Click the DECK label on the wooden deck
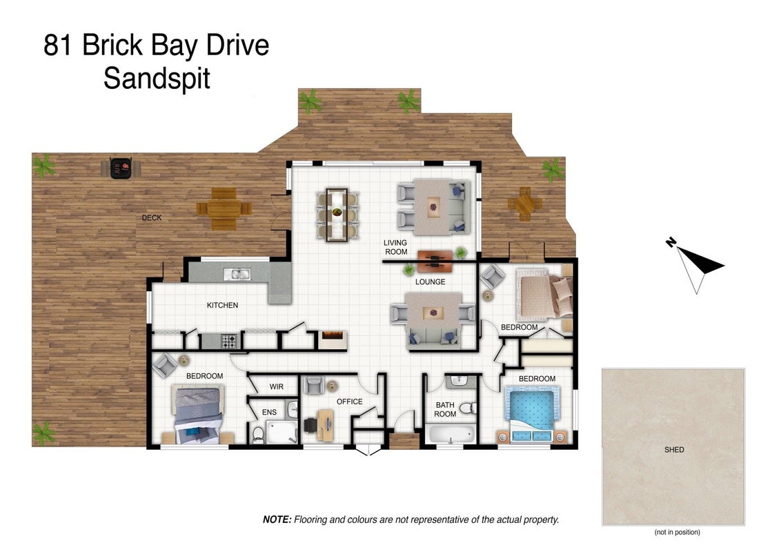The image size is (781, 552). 151,218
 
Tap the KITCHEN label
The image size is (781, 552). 222,305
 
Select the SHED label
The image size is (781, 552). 674,449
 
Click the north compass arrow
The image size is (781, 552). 694,264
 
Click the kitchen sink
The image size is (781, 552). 237,273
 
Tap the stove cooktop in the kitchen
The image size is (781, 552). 229,342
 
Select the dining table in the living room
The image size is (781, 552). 337,214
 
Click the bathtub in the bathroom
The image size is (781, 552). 450,433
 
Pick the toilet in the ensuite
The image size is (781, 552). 257,435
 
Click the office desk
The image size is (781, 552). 325,425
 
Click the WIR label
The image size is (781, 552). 277,386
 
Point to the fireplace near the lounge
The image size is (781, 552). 333,339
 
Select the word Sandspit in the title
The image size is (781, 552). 157,79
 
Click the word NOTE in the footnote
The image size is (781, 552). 277,520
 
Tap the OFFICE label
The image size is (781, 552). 349,402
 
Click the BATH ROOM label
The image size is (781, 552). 445,410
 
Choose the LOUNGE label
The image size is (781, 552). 431,282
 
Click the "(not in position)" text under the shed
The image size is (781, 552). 677,532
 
